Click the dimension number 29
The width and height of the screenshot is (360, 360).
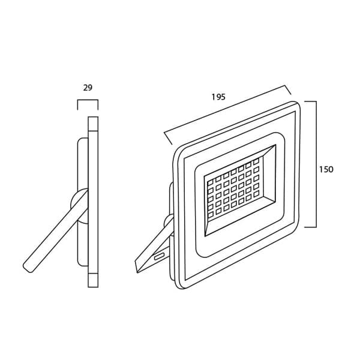[88, 88]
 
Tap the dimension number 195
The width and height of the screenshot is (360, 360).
[218, 97]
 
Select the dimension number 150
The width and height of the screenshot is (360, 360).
[326, 169]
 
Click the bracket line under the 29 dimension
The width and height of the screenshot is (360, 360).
[88, 100]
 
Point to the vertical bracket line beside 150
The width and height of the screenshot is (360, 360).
[316, 164]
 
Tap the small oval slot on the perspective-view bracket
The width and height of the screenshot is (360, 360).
[160, 256]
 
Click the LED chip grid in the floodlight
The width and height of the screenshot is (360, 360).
[233, 188]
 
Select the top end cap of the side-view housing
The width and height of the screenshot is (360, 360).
[93, 124]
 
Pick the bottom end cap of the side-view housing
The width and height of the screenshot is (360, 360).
[93, 280]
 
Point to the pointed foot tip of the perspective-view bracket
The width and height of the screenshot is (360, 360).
[137, 272]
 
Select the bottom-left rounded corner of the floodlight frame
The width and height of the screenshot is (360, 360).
[179, 284]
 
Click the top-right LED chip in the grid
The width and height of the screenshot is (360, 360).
[256, 161]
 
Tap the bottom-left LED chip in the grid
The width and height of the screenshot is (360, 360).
[211, 215]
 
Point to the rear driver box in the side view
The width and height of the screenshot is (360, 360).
[83, 202]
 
